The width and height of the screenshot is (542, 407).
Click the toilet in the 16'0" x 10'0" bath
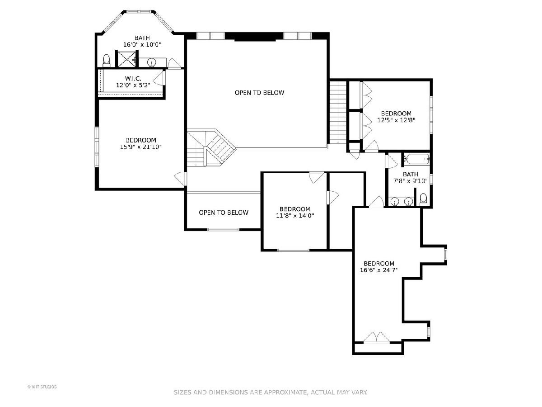tap(107, 61)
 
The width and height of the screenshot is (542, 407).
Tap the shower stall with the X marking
tap(126, 59)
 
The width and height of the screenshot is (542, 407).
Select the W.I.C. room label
tap(133, 79)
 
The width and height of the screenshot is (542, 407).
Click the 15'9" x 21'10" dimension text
tap(141, 147)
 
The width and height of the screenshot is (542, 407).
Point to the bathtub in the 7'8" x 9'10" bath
tap(417, 159)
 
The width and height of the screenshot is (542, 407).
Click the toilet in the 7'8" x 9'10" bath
tap(423, 199)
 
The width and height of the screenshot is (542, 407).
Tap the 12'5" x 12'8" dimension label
tap(396, 120)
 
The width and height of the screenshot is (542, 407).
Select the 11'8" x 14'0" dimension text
tap(295, 216)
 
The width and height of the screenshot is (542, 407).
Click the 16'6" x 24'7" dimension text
tap(379, 270)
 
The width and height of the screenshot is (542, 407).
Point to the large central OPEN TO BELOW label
tap(259, 93)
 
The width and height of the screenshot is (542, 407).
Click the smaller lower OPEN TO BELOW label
tap(224, 213)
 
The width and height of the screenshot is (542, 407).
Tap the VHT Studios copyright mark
tap(42, 387)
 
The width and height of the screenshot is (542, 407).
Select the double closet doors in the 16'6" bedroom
tap(377, 337)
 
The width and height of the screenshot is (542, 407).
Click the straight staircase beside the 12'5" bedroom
tap(338, 113)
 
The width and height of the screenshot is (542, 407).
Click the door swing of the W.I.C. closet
tap(159, 78)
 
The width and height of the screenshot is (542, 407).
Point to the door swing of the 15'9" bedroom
tap(180, 179)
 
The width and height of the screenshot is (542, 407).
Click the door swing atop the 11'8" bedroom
tap(317, 177)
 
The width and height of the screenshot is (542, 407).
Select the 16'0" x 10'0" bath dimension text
tap(142, 45)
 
